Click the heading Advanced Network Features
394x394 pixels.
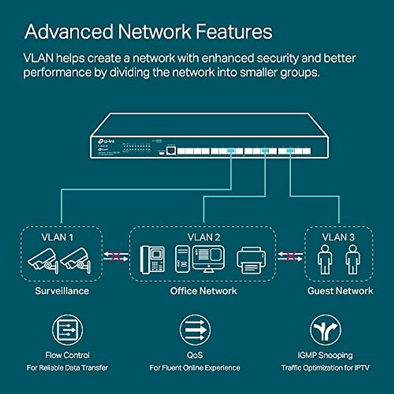pos(148,32)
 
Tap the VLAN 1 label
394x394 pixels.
pos(57,237)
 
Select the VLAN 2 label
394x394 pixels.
pos(204,237)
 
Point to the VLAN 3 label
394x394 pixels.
pos(338,237)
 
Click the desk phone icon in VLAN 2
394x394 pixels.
pos(153,259)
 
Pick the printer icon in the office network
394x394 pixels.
pos(251,260)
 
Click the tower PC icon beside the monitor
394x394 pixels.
pos(182,259)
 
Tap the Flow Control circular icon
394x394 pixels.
pos(68,330)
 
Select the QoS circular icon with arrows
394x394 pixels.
pos(195,330)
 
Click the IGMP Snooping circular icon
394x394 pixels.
pos(325,330)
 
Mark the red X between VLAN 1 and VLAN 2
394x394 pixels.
pos(116,256)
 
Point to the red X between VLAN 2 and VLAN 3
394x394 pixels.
pos(290,256)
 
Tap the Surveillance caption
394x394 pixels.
pos(62,291)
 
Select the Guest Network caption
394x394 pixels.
pos(340,291)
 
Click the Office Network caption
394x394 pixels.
pos(204,291)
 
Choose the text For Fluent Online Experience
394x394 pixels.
pos(195,368)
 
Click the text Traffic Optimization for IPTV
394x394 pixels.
pos(325,368)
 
